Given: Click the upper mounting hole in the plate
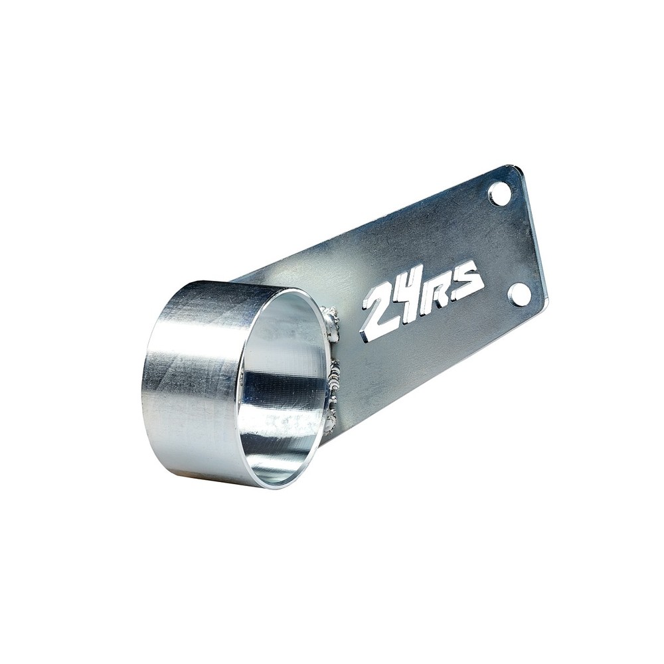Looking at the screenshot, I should click(x=500, y=193).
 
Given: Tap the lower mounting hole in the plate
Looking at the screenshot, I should click(x=519, y=294).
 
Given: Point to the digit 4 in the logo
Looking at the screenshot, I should click(x=410, y=301).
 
